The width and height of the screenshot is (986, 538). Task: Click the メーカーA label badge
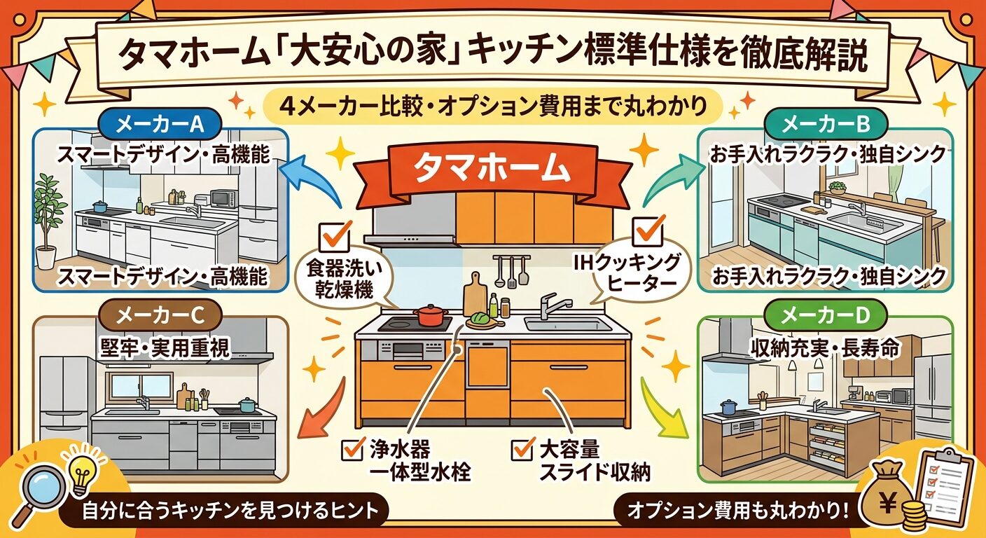pyautogui.click(x=160, y=125)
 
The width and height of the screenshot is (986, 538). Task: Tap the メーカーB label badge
pyautogui.click(x=826, y=125)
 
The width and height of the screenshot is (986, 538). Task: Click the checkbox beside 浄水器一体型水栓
pyautogui.click(x=353, y=448)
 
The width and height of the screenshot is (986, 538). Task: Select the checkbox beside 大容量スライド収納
pyautogui.click(x=523, y=448)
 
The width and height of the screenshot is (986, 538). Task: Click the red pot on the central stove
pyautogui.click(x=431, y=315)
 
